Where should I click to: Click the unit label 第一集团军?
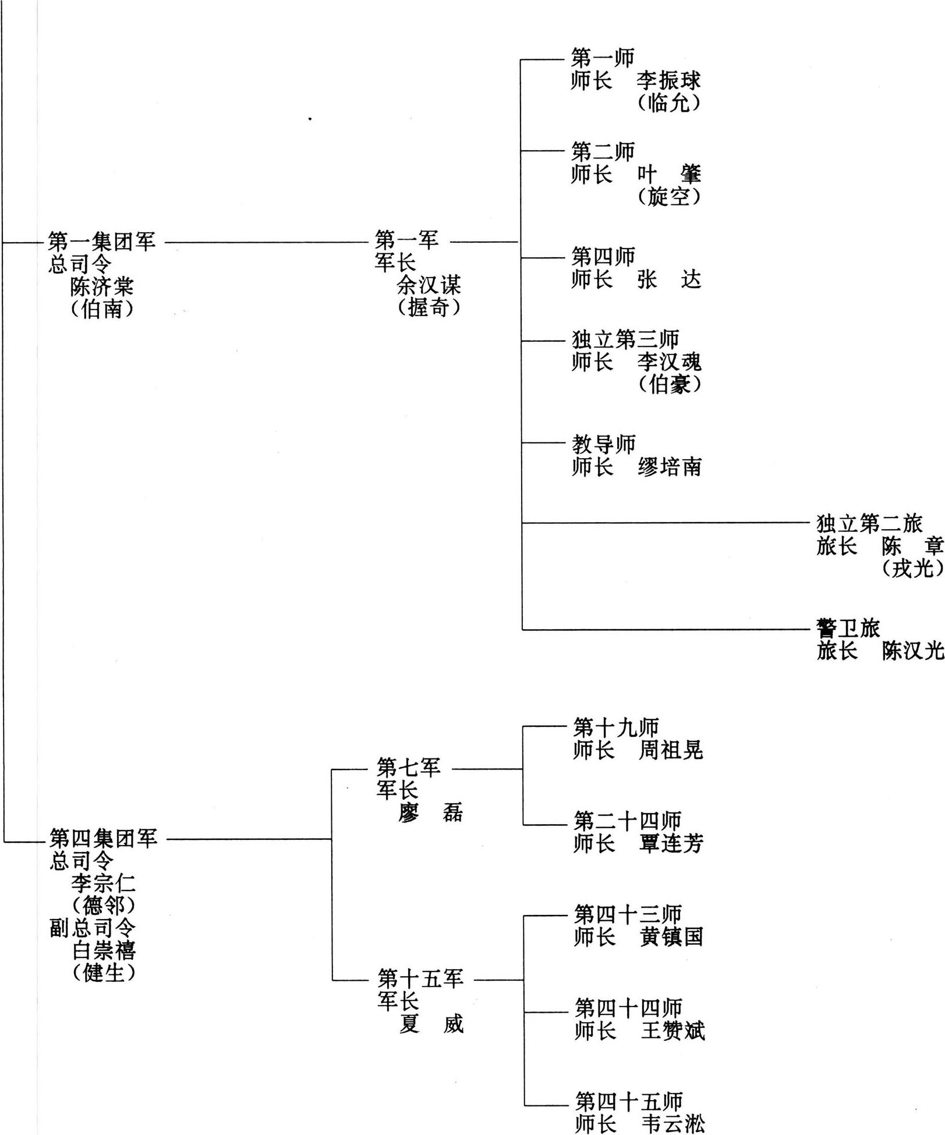(102, 242)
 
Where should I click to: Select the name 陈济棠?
(102, 286)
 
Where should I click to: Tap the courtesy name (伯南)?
(102, 308)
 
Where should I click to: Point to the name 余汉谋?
(429, 285)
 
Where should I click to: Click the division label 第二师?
(603, 152)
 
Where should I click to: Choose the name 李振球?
(669, 81)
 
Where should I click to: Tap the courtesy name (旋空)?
(669, 197)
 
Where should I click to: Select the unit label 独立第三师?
(625, 339)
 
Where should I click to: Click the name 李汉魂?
(670, 362)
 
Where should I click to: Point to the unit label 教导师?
(604, 444)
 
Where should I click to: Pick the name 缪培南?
(670, 467)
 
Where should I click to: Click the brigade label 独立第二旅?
(870, 524)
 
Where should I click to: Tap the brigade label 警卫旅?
(848, 628)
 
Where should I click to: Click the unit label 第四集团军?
(104, 839)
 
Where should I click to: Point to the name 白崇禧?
(104, 950)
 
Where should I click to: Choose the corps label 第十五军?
(420, 978)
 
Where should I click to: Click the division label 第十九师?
(616, 727)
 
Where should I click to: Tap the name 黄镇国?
(671, 937)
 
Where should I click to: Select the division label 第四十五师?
(629, 1102)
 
